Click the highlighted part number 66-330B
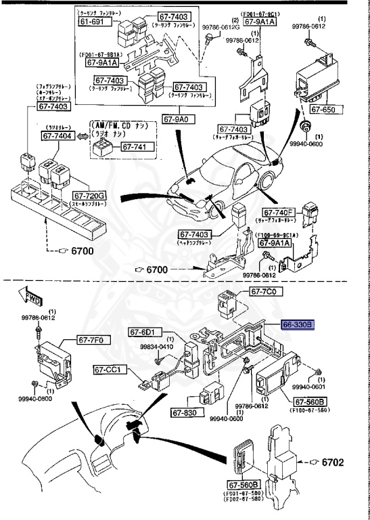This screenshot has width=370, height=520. point(298,325)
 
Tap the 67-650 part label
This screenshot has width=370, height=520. point(323,108)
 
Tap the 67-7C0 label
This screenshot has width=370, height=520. point(265,292)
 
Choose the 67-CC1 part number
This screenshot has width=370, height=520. point(108,370)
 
